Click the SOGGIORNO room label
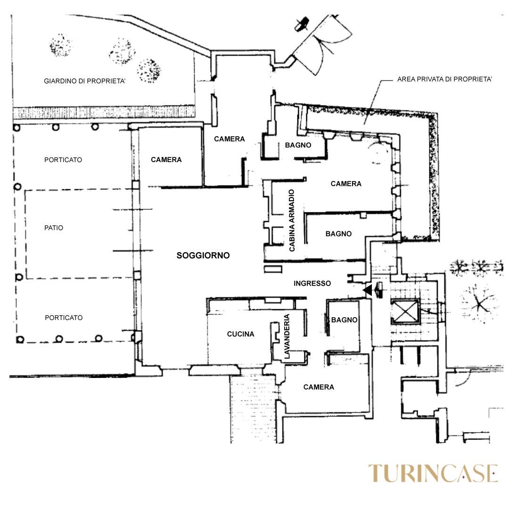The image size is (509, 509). click(x=203, y=255)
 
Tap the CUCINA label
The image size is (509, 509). click(x=240, y=334)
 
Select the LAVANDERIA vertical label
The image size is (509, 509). click(x=287, y=337)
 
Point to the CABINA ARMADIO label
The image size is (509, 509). click(x=292, y=221)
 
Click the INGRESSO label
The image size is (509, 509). click(x=312, y=283)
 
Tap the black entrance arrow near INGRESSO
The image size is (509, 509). click(x=368, y=290)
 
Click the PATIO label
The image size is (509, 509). click(x=54, y=228)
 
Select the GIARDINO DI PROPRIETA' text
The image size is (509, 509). click(x=85, y=81)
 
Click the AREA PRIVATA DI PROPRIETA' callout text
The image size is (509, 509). click(x=445, y=79)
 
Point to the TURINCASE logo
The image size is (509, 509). click(x=433, y=473)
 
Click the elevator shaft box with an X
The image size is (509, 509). click(x=405, y=312)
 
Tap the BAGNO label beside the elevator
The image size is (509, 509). click(x=344, y=320)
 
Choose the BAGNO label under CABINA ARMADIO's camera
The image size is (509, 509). click(x=338, y=234)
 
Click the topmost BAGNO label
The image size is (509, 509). click(x=298, y=145)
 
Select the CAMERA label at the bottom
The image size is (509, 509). click(x=319, y=387)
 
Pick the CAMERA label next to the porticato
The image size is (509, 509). click(x=166, y=160)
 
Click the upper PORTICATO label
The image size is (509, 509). click(x=63, y=160)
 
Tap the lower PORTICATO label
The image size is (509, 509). click(x=64, y=318)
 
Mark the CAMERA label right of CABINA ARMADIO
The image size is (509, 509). click(x=346, y=184)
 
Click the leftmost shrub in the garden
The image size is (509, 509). click(x=61, y=45)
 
